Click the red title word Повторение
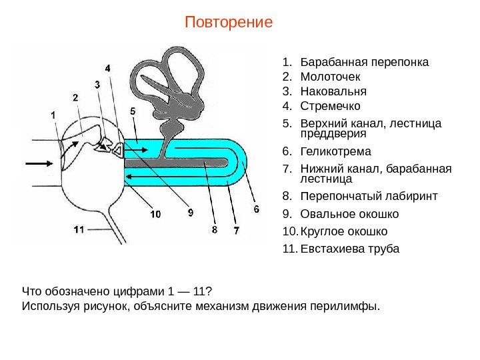(229, 22)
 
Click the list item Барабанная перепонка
(365, 63)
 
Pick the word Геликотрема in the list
(336, 151)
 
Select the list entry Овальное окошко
(349, 214)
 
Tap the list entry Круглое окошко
(344, 231)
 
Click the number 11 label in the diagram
(79, 229)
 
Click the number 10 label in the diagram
(155, 214)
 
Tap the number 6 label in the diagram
(255, 209)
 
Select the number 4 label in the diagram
(108, 68)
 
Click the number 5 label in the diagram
(133, 111)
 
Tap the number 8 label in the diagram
(214, 229)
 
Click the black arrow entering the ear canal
(39, 163)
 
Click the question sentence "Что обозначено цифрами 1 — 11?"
(117, 291)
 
